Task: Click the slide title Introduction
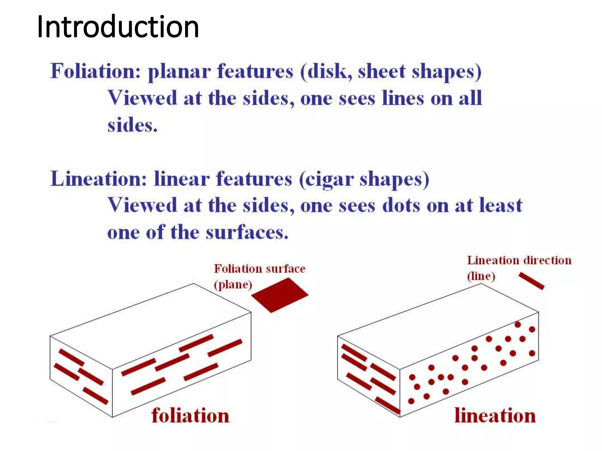(x=118, y=27)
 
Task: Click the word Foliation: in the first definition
(x=96, y=71)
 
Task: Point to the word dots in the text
(x=401, y=205)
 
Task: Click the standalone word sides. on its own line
(x=132, y=125)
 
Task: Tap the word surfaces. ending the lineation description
(x=247, y=233)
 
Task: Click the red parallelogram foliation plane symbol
(x=279, y=295)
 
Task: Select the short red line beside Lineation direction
(x=531, y=281)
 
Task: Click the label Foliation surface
(x=260, y=269)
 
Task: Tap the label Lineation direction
(x=519, y=260)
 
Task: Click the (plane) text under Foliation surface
(x=233, y=285)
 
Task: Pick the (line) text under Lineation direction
(x=481, y=276)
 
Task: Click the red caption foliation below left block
(x=190, y=415)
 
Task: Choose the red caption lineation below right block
(x=495, y=415)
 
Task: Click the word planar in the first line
(x=179, y=72)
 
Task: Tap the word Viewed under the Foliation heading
(x=142, y=98)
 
